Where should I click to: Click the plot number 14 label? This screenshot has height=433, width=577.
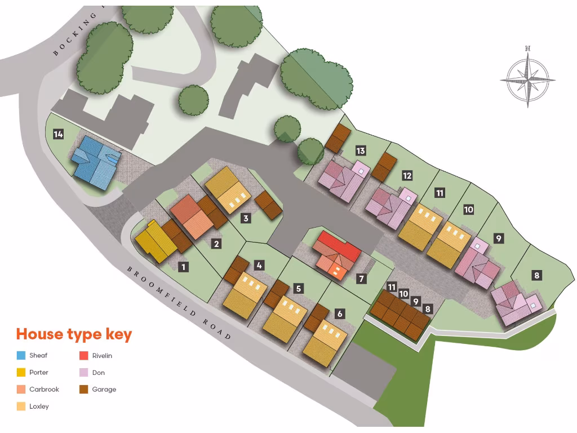click(x=58, y=134)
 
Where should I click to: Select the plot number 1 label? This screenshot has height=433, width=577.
click(x=183, y=267)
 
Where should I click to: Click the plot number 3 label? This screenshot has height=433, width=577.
click(x=246, y=219)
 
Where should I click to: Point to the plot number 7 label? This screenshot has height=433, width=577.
click(x=361, y=279)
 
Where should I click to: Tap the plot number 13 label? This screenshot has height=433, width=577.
click(x=361, y=151)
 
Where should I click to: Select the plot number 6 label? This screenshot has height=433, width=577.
click(x=339, y=313)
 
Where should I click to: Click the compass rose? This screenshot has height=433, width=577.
click(x=527, y=79)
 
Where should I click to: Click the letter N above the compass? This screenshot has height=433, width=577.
click(x=527, y=48)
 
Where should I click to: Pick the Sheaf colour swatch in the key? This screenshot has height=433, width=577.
click(x=21, y=356)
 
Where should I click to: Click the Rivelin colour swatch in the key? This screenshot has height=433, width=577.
click(x=83, y=356)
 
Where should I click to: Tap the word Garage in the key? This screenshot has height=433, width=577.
click(x=104, y=390)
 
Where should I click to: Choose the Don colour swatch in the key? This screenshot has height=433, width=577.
click(x=83, y=373)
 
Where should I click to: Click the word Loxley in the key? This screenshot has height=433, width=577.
click(x=39, y=407)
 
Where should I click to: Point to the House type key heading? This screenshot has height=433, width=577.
click(x=74, y=334)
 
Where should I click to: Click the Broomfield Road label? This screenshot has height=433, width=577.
click(x=179, y=302)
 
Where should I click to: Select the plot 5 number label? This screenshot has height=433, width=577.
click(x=299, y=289)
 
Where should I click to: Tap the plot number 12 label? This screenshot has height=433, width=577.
click(x=407, y=176)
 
